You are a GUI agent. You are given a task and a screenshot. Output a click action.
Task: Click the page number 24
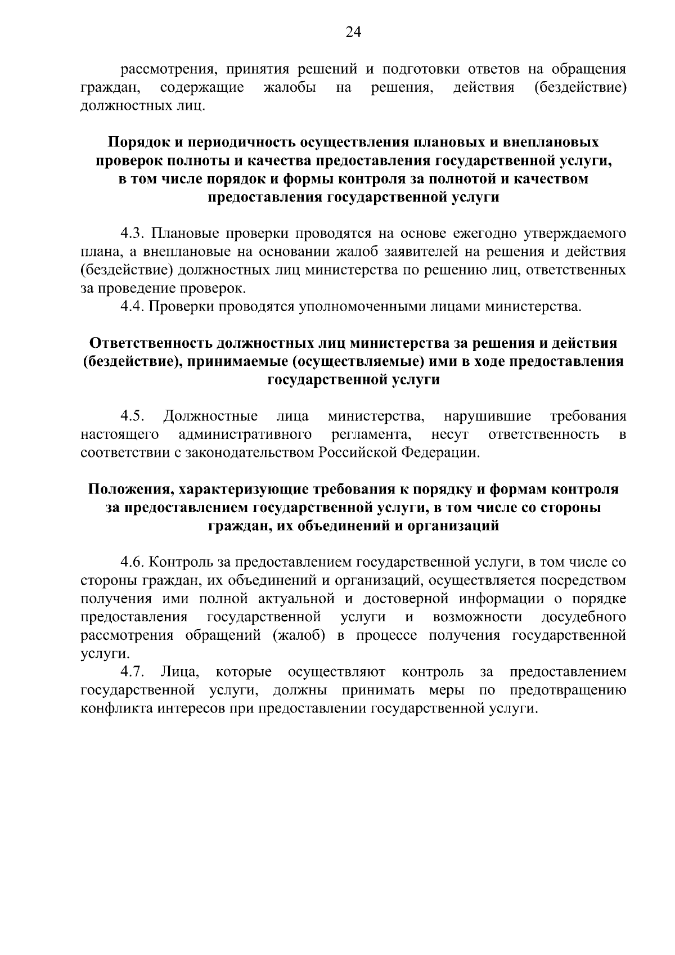tap(353, 33)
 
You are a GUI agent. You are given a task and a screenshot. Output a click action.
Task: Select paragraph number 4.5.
tap(133, 416)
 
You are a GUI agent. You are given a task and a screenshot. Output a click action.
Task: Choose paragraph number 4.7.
tap(133, 672)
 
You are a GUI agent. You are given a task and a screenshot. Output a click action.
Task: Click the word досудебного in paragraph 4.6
tap(584, 617)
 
